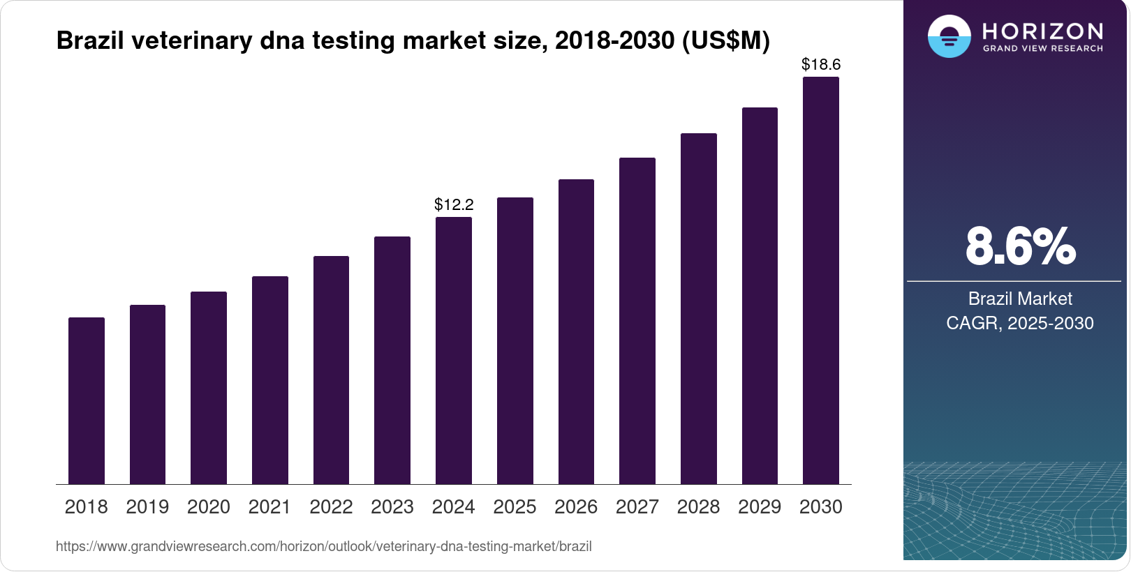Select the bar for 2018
(87, 401)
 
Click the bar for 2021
(270, 380)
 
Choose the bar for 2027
(637, 321)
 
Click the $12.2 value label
(454, 204)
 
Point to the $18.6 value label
(821, 65)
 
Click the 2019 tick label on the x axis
(147, 507)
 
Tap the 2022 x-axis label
(331, 507)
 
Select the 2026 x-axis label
(576, 507)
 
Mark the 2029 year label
(760, 507)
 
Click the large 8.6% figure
(1020, 246)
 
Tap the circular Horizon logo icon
(949, 36)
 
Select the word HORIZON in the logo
(1043, 31)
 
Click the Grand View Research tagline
(1043, 49)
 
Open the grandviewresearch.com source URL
(324, 547)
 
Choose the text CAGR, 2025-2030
(1020, 323)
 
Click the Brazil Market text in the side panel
(1020, 299)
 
